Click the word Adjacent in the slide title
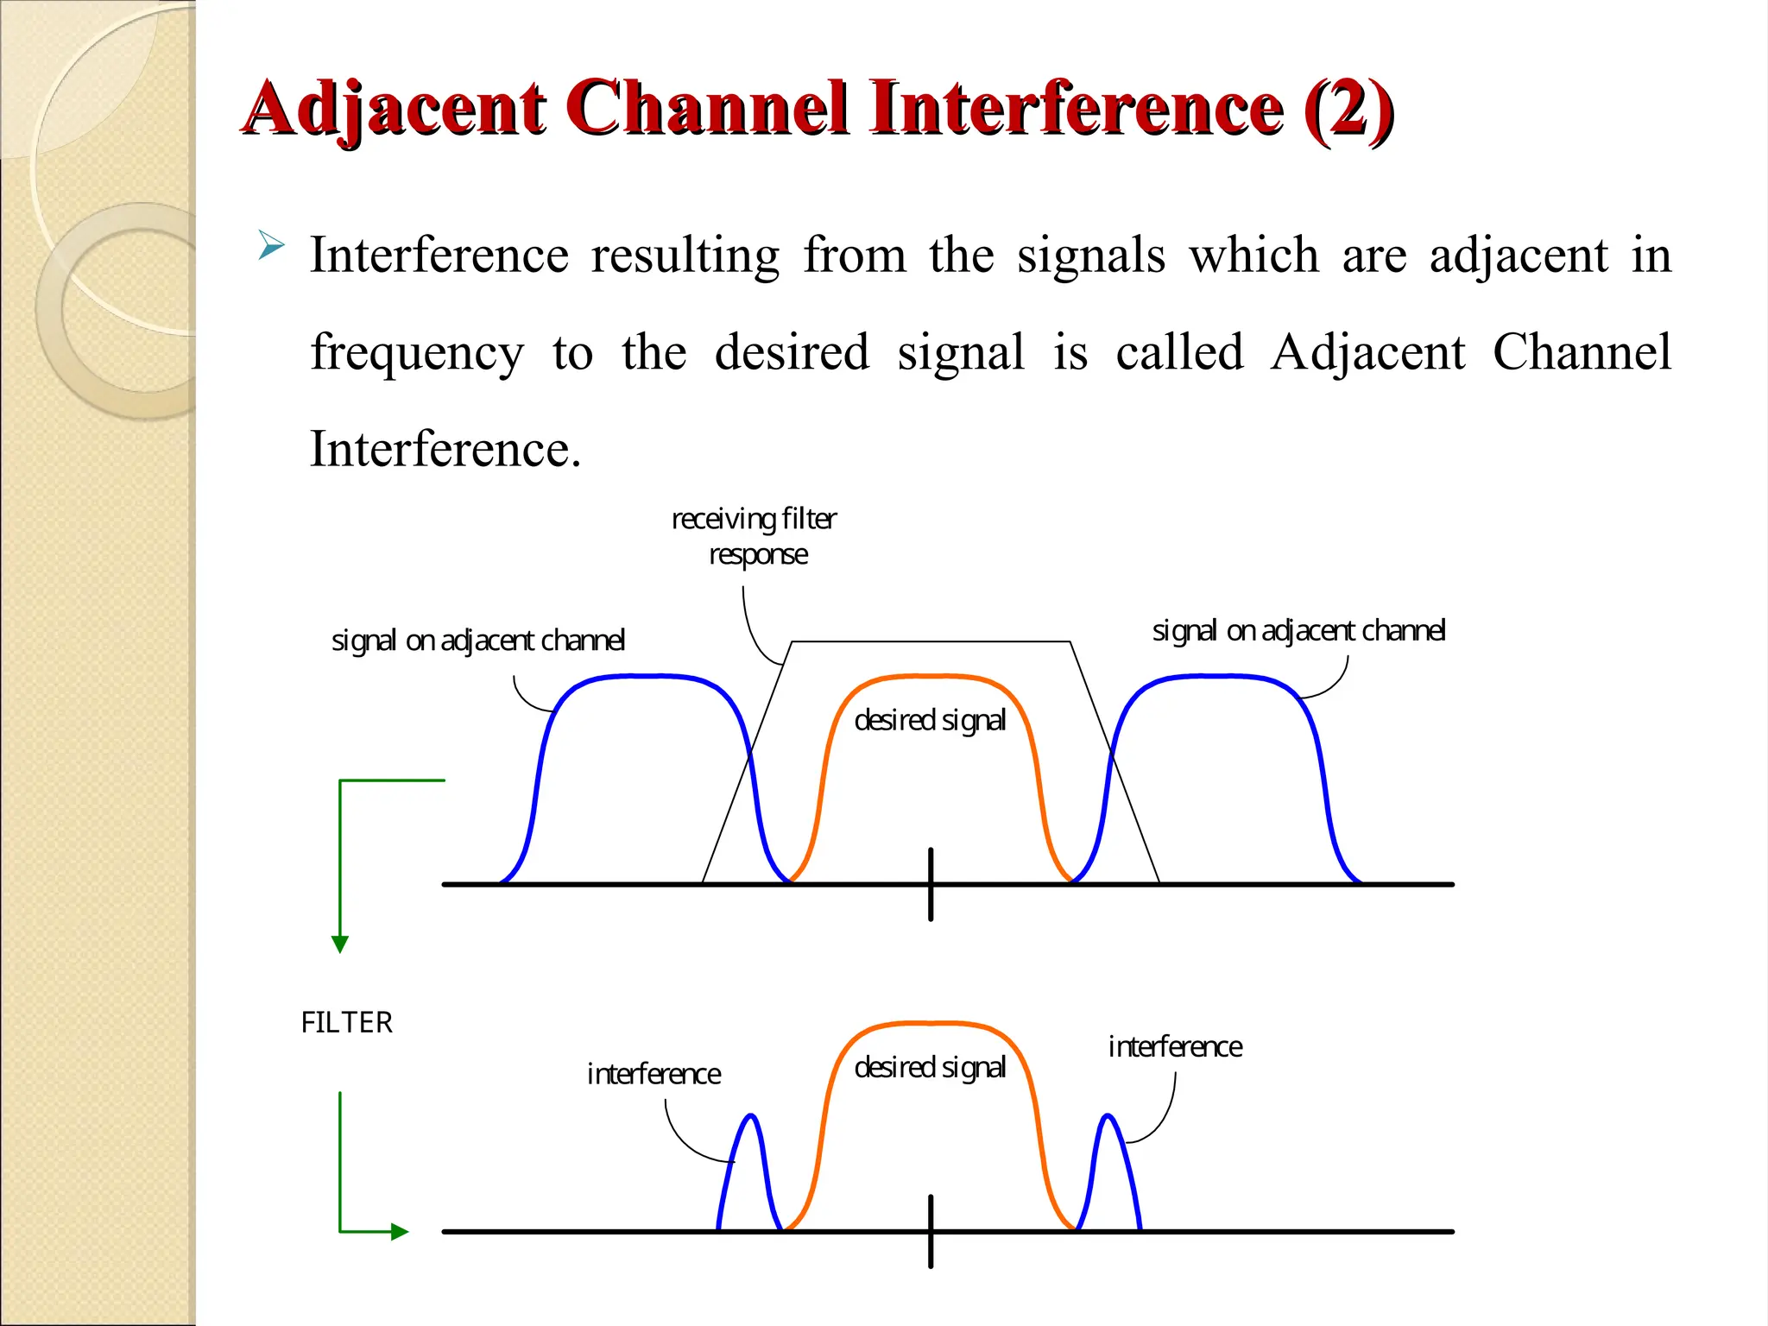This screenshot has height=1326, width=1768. [394, 109]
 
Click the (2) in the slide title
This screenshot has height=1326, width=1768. [1348, 109]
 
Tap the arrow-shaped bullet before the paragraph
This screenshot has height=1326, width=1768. [271, 246]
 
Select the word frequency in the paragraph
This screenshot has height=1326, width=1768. [417, 353]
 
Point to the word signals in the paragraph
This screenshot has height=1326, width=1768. [1091, 256]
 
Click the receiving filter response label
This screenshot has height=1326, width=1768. [755, 536]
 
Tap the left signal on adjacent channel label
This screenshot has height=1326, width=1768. [477, 641]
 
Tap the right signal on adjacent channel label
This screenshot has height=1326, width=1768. [1298, 631]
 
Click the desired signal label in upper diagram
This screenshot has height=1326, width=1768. [930, 720]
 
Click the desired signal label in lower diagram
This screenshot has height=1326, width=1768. [930, 1068]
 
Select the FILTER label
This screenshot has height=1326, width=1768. [346, 1023]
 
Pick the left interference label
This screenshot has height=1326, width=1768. [654, 1074]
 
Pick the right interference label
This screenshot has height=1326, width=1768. [1175, 1047]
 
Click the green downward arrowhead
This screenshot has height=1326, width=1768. [340, 944]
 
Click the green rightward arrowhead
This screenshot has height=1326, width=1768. [399, 1232]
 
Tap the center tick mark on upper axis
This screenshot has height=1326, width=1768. [931, 884]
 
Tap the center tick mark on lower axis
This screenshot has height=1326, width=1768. [931, 1231]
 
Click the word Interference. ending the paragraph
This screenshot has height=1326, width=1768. [445, 450]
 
